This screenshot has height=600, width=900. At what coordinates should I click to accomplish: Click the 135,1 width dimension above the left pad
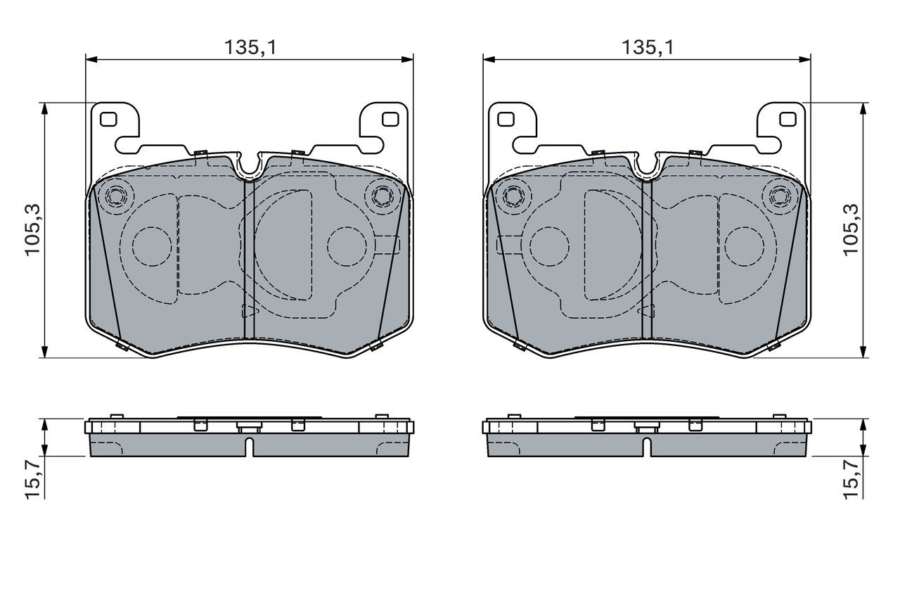tap(250, 47)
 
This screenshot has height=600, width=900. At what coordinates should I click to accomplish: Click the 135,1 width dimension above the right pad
tap(648, 47)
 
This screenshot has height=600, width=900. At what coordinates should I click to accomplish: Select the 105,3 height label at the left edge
tap(33, 229)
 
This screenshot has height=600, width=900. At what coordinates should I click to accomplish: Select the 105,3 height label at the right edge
tap(850, 229)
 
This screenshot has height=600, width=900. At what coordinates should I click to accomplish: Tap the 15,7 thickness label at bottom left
tap(33, 480)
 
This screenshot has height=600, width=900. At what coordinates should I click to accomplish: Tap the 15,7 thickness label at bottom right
tap(850, 480)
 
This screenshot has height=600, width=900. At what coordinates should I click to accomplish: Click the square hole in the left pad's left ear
tap(108, 120)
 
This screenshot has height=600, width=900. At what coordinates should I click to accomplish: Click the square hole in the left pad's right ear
tap(390, 120)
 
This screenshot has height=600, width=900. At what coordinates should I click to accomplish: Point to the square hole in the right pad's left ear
tap(506, 120)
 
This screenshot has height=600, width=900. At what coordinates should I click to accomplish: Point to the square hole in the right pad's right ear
tap(788, 120)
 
